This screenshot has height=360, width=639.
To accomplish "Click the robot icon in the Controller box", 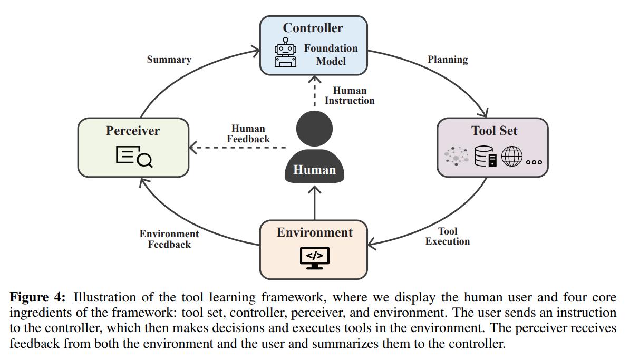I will (285, 53).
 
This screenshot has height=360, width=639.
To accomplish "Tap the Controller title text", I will (313, 28).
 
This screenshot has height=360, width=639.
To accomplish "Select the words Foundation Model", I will (331, 55).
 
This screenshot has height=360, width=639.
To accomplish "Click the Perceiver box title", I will (133, 131).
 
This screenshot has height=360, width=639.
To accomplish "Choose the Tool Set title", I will (494, 131).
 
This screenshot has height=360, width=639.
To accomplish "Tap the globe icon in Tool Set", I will (511, 157).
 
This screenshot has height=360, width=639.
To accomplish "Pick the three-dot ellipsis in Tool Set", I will (534, 162).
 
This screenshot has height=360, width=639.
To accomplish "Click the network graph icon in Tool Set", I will (456, 157).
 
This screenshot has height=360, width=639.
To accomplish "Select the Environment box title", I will (315, 232).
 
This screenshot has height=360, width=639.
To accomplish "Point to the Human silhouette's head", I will (315, 129).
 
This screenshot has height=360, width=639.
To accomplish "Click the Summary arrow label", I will (169, 60).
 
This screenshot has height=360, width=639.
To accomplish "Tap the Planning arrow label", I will (448, 60).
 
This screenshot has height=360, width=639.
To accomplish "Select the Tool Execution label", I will (448, 236).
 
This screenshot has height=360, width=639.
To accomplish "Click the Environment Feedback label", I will (169, 239).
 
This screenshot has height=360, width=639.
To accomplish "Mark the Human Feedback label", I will (248, 134).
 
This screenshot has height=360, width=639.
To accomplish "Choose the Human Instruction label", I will (350, 95).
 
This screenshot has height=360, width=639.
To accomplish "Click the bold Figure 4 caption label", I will (37, 297).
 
